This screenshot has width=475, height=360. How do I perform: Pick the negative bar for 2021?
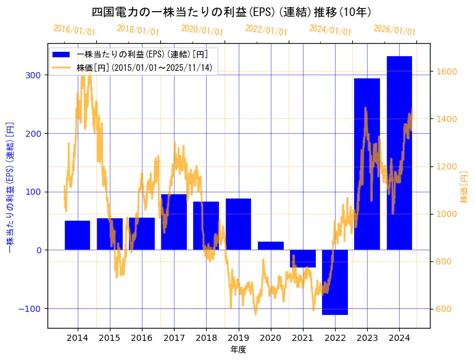(x=303, y=258)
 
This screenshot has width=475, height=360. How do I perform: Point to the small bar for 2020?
(x=271, y=245)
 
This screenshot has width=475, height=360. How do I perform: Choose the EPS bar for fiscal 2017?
(x=174, y=222)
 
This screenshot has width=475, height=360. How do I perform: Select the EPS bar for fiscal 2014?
(x=78, y=235)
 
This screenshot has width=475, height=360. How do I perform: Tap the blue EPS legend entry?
(x=142, y=55)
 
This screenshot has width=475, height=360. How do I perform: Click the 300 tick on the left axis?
(x=34, y=75)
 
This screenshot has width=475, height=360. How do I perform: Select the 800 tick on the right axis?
(x=442, y=261)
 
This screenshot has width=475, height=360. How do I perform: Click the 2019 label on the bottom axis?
(x=238, y=338)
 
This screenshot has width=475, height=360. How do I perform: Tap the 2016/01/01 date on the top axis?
(x=75, y=30)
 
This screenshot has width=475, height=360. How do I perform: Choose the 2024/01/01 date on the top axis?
(x=330, y=30)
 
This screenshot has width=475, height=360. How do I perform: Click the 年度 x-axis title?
(x=238, y=350)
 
